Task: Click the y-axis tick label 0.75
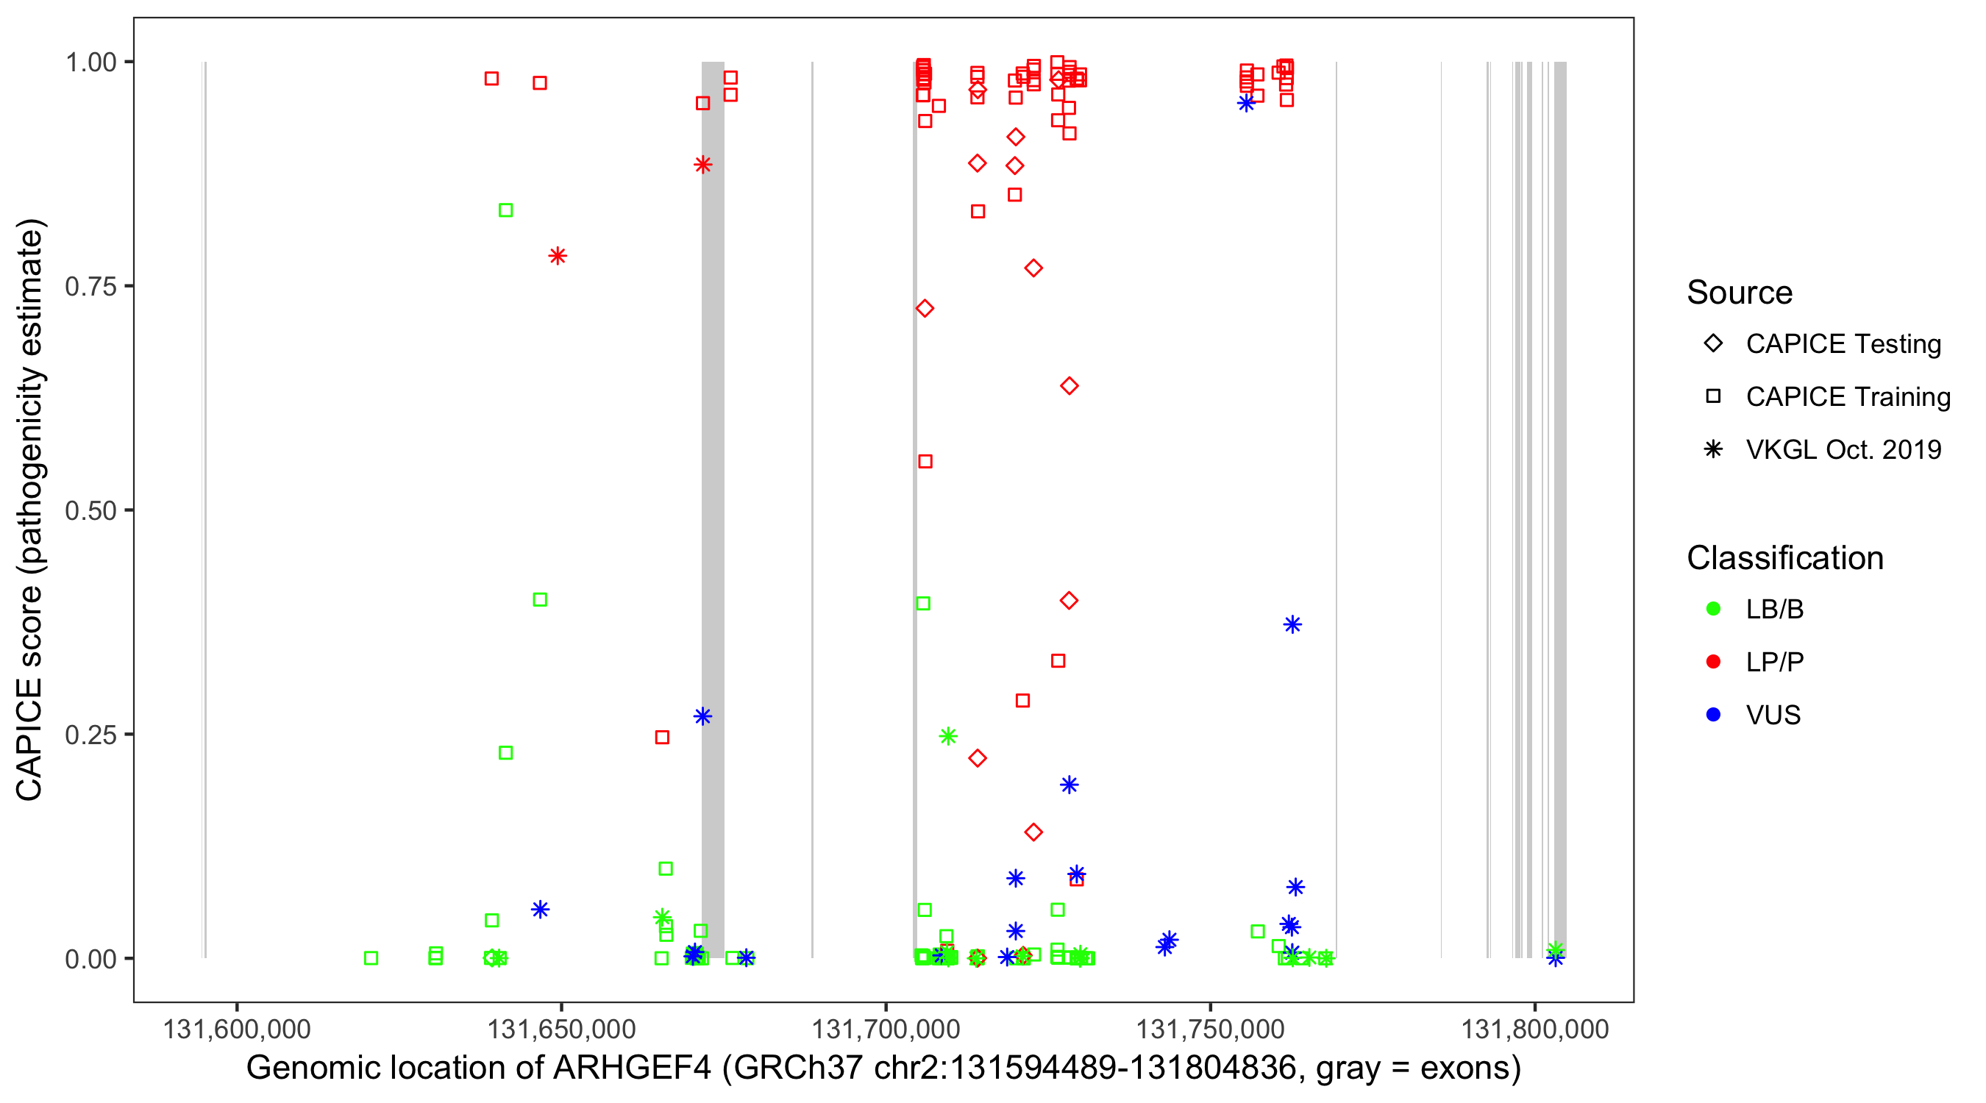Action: click(x=90, y=287)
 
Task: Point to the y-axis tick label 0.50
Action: click(x=90, y=510)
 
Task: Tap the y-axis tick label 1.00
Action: click(x=90, y=63)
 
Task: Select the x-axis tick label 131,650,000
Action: click(x=560, y=1029)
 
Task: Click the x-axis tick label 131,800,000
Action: click(x=1534, y=1029)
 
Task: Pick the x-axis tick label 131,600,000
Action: click(x=236, y=1029)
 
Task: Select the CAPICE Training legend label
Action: click(x=1847, y=397)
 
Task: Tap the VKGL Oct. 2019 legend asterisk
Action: click(x=1713, y=449)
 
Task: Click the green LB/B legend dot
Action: click(x=1713, y=609)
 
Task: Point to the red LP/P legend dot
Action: click(x=1713, y=662)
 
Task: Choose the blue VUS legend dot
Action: click(x=1713, y=715)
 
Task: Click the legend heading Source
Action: click(x=1739, y=293)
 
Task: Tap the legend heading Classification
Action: click(x=1784, y=558)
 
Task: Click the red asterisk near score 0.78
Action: click(x=558, y=256)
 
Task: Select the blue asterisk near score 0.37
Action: click(x=1292, y=624)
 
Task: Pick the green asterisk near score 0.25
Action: click(x=948, y=736)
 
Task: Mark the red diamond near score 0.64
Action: click(x=1069, y=385)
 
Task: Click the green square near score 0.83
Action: click(x=506, y=210)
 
